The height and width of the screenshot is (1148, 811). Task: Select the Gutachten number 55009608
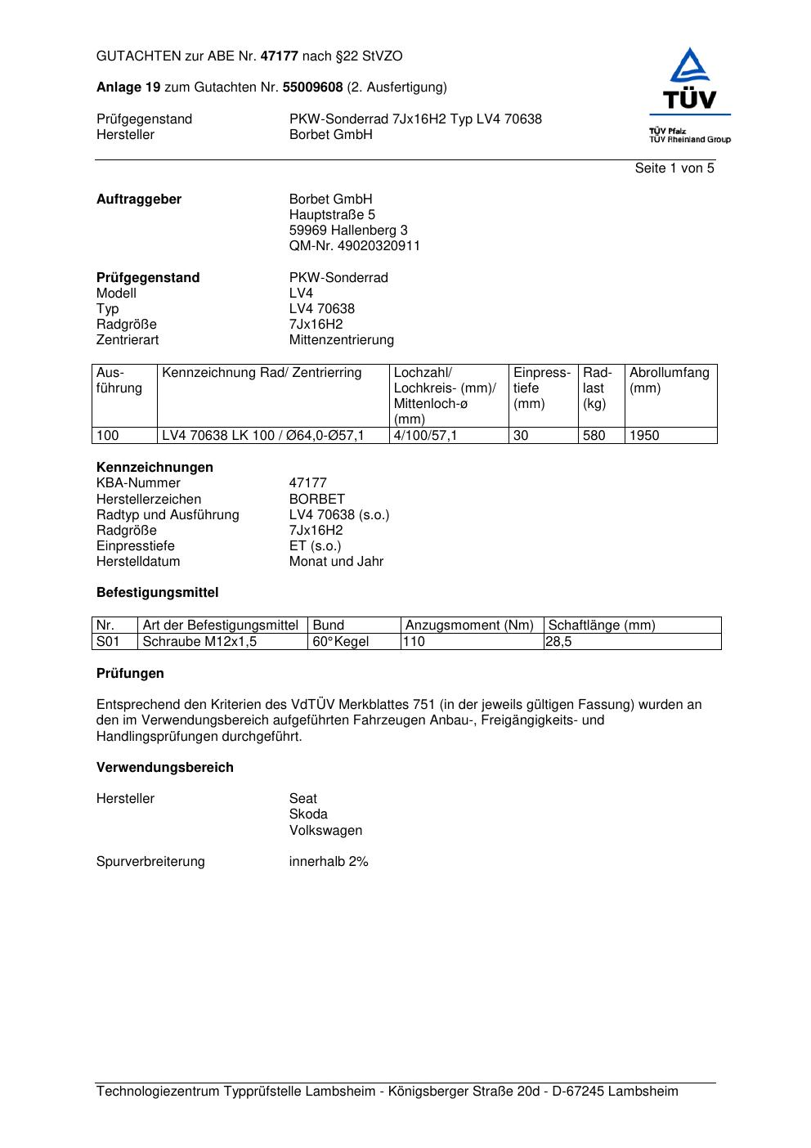[312, 87]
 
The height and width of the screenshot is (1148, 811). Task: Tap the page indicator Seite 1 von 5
[674, 168]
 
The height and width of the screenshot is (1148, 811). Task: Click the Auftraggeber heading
[139, 200]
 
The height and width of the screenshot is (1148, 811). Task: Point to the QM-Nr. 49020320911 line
[354, 246]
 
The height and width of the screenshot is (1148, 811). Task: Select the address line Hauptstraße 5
[332, 215]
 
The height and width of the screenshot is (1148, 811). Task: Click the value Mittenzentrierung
[341, 340]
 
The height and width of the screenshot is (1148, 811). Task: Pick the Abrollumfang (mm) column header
[669, 380]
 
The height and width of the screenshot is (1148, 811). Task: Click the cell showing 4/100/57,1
[425, 436]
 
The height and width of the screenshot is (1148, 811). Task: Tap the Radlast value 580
[594, 436]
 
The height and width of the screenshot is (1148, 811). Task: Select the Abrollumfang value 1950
[643, 436]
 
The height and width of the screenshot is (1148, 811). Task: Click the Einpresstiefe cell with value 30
[521, 436]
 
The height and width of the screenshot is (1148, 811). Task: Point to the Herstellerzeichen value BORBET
[316, 500]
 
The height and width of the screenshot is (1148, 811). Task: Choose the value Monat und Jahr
[336, 562]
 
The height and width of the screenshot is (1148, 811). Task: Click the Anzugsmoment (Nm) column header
[469, 626]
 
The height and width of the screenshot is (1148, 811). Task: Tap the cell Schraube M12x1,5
[199, 642]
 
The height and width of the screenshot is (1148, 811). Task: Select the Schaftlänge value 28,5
[558, 642]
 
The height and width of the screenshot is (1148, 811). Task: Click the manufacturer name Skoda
[308, 814]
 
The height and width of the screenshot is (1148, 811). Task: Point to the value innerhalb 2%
[329, 862]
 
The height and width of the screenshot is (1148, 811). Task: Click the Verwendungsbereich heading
[165, 768]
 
